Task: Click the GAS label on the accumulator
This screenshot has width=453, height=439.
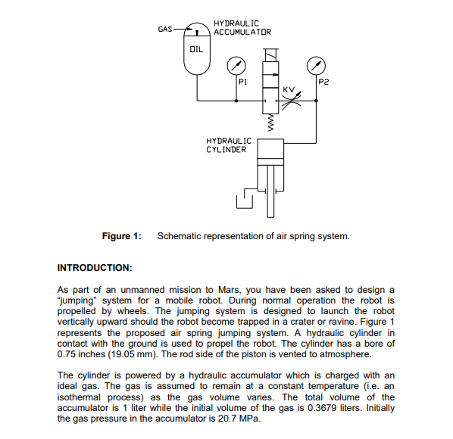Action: (x=165, y=30)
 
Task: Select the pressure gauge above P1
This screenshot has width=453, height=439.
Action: (x=236, y=66)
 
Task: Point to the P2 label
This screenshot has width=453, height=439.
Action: (x=324, y=81)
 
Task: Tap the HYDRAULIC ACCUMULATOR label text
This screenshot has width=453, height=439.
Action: (x=242, y=27)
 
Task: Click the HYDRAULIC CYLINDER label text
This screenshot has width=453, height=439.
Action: (x=229, y=145)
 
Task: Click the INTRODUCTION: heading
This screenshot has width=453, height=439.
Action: (x=95, y=268)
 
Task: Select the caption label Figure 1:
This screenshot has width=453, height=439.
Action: (x=122, y=236)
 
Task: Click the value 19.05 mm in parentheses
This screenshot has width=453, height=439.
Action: (x=135, y=353)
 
